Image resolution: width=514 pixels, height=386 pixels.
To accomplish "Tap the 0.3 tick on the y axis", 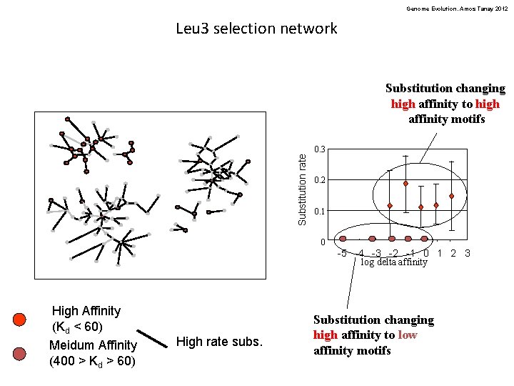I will pos(320,149).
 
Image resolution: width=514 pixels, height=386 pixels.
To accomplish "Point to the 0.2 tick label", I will pos(320,180).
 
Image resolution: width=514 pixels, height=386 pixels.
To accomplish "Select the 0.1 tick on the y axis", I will pos(320,212).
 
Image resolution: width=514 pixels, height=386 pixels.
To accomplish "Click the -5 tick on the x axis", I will pos(342,253).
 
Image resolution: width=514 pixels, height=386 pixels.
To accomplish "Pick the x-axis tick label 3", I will pos(467,252).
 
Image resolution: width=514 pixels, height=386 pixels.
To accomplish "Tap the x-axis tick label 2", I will pos(453,252).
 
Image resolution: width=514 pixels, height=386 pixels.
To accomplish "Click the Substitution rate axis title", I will pos(303,187).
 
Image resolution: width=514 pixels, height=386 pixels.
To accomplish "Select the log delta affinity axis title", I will pos(394,262).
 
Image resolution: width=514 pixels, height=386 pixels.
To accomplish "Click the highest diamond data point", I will pos(405,184).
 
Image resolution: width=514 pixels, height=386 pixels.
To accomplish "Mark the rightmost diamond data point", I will pos(452,196).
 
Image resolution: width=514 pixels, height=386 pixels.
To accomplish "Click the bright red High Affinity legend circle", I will pos(20,319).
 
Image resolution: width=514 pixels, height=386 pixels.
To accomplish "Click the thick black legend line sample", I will pos(151,341).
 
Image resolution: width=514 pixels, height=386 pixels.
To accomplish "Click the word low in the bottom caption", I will pos(408,335).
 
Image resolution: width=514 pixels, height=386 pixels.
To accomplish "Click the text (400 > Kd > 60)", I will pos(92,361).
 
